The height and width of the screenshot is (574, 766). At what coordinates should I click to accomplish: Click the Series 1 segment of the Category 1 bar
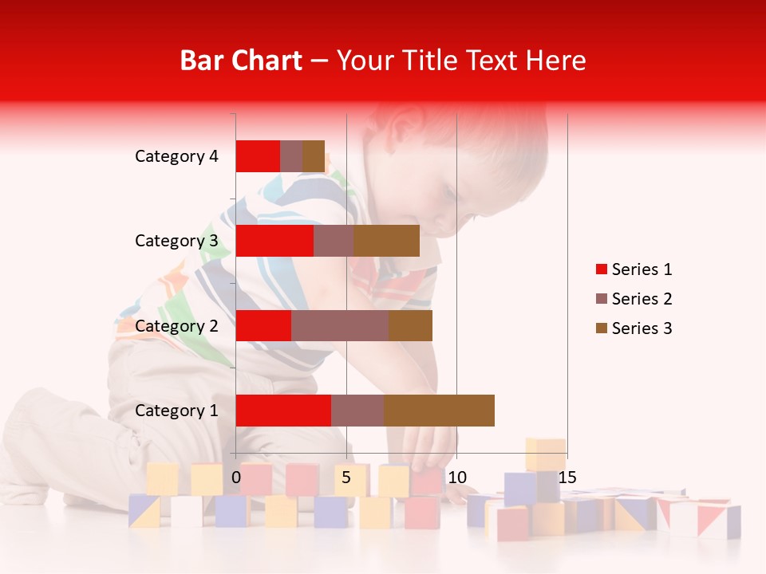point(283,411)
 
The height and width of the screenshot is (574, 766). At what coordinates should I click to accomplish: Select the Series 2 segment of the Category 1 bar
point(357,411)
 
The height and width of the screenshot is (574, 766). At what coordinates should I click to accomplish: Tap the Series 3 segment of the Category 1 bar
point(439,411)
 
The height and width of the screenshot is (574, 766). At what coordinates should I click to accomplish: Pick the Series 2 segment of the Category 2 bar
point(340,325)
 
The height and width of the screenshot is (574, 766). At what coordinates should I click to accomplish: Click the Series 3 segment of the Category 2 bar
point(410,325)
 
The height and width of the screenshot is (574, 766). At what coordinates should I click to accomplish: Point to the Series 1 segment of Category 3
point(274,241)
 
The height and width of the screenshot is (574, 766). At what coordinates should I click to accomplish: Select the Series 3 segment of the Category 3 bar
point(386,241)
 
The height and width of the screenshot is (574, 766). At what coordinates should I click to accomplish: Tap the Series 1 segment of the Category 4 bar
point(258,156)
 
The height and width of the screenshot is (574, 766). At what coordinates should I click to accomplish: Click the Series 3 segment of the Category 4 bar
point(314,156)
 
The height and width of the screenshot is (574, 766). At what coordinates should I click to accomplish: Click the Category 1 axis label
point(176,411)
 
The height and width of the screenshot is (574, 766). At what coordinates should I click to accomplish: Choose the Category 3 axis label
point(176,241)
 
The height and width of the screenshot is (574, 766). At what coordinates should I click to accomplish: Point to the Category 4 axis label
point(176,156)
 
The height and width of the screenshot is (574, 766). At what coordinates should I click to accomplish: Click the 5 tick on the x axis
point(346,478)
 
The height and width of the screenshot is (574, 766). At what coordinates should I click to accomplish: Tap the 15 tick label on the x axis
point(567,478)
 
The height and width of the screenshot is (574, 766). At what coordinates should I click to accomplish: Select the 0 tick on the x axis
point(236,478)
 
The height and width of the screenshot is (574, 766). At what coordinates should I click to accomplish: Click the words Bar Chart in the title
point(240,61)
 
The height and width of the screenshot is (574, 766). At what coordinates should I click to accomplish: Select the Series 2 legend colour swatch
point(602,299)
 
